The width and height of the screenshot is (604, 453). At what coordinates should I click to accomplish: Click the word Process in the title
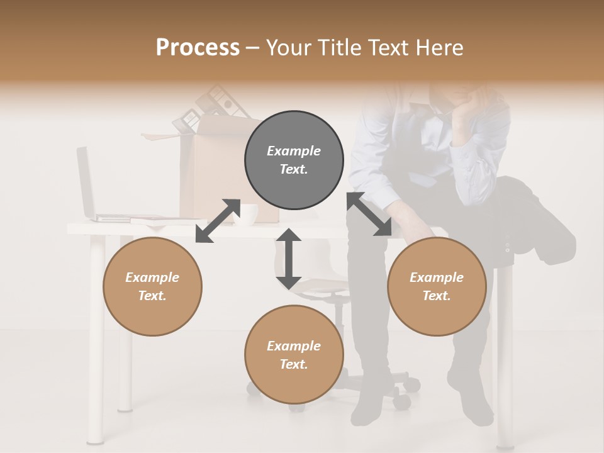pyautogui.click(x=198, y=47)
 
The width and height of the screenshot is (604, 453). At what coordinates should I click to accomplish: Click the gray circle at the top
pyautogui.click(x=294, y=160)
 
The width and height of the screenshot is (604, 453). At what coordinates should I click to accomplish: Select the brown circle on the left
pyautogui.click(x=152, y=287)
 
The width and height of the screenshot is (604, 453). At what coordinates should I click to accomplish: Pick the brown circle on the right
pyautogui.click(x=437, y=287)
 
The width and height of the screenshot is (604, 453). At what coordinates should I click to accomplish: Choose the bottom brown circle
pyautogui.click(x=294, y=355)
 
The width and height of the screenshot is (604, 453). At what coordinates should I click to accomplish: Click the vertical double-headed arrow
pyautogui.click(x=289, y=259)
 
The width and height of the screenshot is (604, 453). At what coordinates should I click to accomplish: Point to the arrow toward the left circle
pyautogui.click(x=218, y=221)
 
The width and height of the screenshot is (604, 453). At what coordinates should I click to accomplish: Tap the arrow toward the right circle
pyautogui.click(x=369, y=215)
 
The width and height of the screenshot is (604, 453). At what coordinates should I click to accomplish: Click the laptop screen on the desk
pyautogui.click(x=85, y=182)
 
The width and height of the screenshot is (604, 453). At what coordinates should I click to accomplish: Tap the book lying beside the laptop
pyautogui.click(x=157, y=219)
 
